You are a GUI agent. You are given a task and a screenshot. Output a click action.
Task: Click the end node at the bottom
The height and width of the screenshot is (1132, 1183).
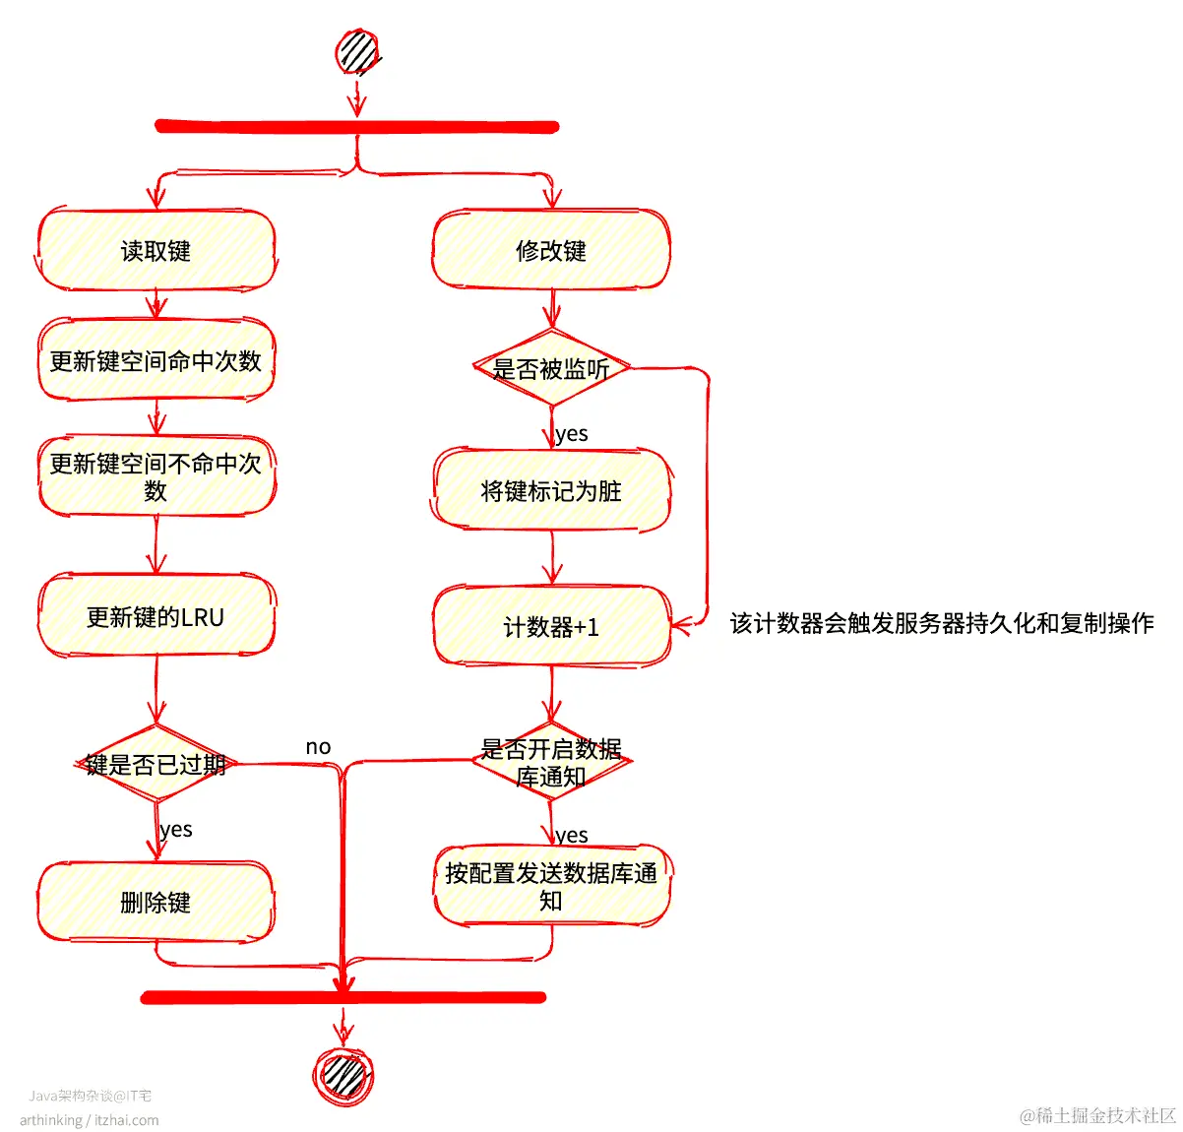click(x=342, y=1074)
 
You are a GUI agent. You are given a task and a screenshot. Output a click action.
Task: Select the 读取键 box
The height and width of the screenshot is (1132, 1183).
click(x=156, y=251)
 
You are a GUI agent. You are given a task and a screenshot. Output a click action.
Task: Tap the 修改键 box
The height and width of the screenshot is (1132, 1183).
click(x=551, y=251)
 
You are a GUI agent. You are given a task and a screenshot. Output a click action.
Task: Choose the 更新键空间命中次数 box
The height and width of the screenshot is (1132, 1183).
click(x=156, y=360)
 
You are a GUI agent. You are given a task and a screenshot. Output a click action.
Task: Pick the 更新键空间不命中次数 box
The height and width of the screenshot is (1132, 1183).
click(x=156, y=476)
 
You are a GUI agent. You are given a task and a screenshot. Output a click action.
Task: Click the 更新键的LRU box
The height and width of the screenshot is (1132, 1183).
click(x=156, y=617)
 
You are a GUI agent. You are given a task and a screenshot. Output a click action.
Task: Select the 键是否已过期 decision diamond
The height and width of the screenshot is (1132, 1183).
click(x=156, y=764)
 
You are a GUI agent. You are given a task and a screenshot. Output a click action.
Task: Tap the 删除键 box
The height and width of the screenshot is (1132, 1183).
click(x=156, y=902)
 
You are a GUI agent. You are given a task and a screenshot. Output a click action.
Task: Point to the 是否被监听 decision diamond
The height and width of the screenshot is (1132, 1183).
click(x=551, y=369)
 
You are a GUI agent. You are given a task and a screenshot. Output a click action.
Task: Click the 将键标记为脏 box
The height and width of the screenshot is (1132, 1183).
click(x=551, y=490)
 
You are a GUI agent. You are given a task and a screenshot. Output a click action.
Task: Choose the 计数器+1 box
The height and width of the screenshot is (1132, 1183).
click(x=551, y=627)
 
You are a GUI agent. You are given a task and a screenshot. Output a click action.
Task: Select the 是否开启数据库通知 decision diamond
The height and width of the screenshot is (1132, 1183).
click(x=551, y=762)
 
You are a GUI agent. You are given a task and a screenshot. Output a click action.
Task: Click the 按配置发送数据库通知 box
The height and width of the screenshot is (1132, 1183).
click(x=551, y=886)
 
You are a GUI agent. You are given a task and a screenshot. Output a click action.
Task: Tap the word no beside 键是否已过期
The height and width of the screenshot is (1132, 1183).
click(x=318, y=747)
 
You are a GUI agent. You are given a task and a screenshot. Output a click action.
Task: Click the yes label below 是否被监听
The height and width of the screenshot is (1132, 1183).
click(x=572, y=434)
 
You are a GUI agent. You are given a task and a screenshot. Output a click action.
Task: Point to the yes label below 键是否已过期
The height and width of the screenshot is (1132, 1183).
click(x=176, y=830)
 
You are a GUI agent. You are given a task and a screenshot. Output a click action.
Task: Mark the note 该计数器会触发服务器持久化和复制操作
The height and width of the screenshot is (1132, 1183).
click(x=941, y=623)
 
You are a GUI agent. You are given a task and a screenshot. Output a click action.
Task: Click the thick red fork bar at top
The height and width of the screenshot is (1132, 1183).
click(x=356, y=127)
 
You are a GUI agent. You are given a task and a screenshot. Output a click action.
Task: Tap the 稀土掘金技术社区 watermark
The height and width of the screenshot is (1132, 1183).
click(x=1098, y=1115)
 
